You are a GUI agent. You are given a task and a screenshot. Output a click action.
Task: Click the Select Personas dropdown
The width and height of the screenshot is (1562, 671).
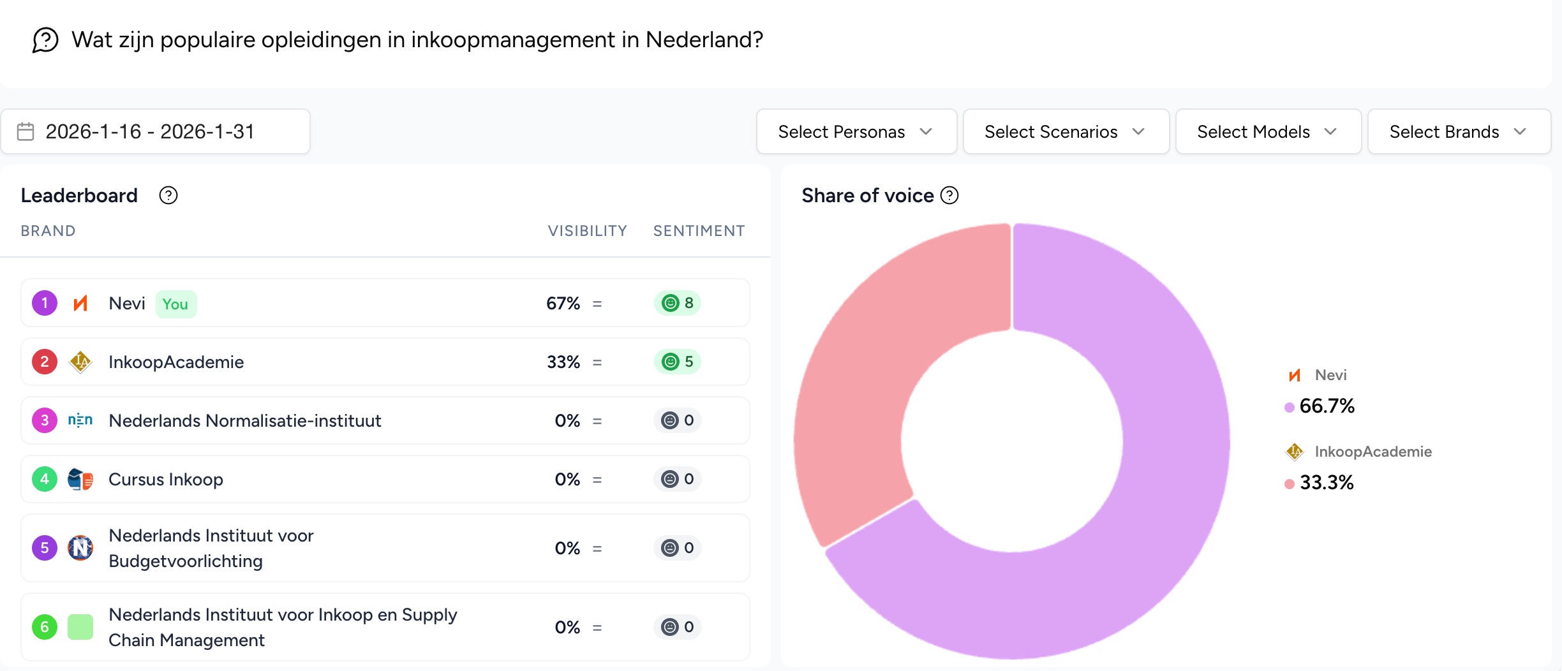point(856,132)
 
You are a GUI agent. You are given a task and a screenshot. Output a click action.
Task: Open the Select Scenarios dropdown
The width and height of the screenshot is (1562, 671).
point(1065,132)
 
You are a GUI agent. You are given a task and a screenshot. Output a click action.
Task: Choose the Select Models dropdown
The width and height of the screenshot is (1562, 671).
point(1267,132)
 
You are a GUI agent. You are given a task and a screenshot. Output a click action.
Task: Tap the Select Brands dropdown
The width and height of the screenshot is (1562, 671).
point(1458,132)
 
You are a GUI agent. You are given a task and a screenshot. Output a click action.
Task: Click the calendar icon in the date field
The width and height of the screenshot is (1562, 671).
point(26,131)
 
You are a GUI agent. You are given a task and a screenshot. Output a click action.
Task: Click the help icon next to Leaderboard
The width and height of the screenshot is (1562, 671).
point(168,195)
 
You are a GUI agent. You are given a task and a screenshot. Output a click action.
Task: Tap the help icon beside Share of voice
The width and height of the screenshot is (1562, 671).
point(949,195)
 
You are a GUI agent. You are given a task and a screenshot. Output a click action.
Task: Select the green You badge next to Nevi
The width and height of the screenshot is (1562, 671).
point(175,304)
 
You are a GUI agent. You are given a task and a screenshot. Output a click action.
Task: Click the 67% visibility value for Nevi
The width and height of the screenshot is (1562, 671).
point(563,303)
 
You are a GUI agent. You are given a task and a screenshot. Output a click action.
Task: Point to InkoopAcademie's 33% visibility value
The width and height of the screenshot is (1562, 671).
point(563,362)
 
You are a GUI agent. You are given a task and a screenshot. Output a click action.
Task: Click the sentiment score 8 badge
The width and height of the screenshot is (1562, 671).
point(677,303)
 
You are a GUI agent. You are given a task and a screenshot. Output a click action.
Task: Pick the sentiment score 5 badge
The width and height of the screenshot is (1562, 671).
point(677,362)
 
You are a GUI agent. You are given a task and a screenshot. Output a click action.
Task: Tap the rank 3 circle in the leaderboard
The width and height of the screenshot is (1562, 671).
point(45,420)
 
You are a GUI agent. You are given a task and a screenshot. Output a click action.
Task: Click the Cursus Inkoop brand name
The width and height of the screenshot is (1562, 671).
point(166,479)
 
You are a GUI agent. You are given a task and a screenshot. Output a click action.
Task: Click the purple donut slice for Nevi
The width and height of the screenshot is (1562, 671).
point(1149,510)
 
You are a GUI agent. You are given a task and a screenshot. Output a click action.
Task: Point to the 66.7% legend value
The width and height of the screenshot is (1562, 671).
point(1327,406)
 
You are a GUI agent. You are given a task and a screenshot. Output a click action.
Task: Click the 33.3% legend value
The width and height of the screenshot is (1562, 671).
point(1327,483)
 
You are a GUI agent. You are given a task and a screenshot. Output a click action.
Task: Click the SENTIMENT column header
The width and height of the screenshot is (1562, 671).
point(699,231)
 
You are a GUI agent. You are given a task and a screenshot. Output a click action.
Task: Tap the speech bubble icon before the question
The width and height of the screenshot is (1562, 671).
point(45,40)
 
